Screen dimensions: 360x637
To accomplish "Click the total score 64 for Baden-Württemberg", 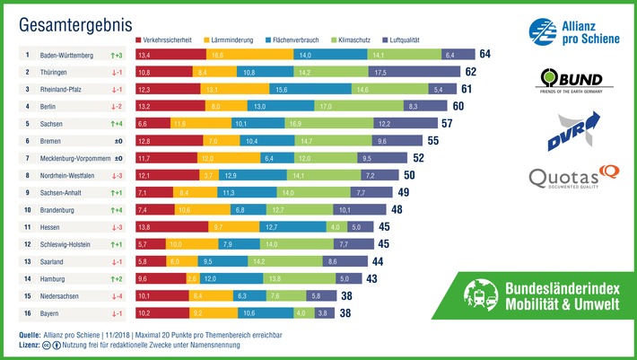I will pos(484,55).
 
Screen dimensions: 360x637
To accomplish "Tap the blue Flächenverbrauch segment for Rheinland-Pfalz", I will pos(281,89).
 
